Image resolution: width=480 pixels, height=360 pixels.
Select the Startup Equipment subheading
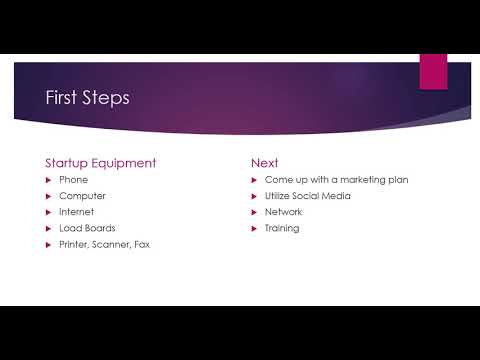(100, 162)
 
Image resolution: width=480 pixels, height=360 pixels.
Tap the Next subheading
(264, 162)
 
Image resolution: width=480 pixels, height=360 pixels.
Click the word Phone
(74, 180)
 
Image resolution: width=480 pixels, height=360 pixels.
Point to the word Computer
(82, 196)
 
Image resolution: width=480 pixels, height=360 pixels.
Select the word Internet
(78, 212)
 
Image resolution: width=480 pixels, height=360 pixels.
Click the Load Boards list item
(87, 228)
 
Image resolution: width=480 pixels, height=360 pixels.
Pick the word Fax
(141, 244)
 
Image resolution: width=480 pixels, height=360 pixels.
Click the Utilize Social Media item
(307, 196)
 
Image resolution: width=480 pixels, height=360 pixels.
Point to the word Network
(283, 212)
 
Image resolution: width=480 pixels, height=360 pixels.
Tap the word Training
(282, 228)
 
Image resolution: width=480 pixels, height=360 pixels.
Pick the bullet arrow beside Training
(254, 228)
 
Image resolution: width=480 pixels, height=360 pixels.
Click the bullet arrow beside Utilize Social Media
(254, 196)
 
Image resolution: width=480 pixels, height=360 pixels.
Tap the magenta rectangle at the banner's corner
(432, 70)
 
